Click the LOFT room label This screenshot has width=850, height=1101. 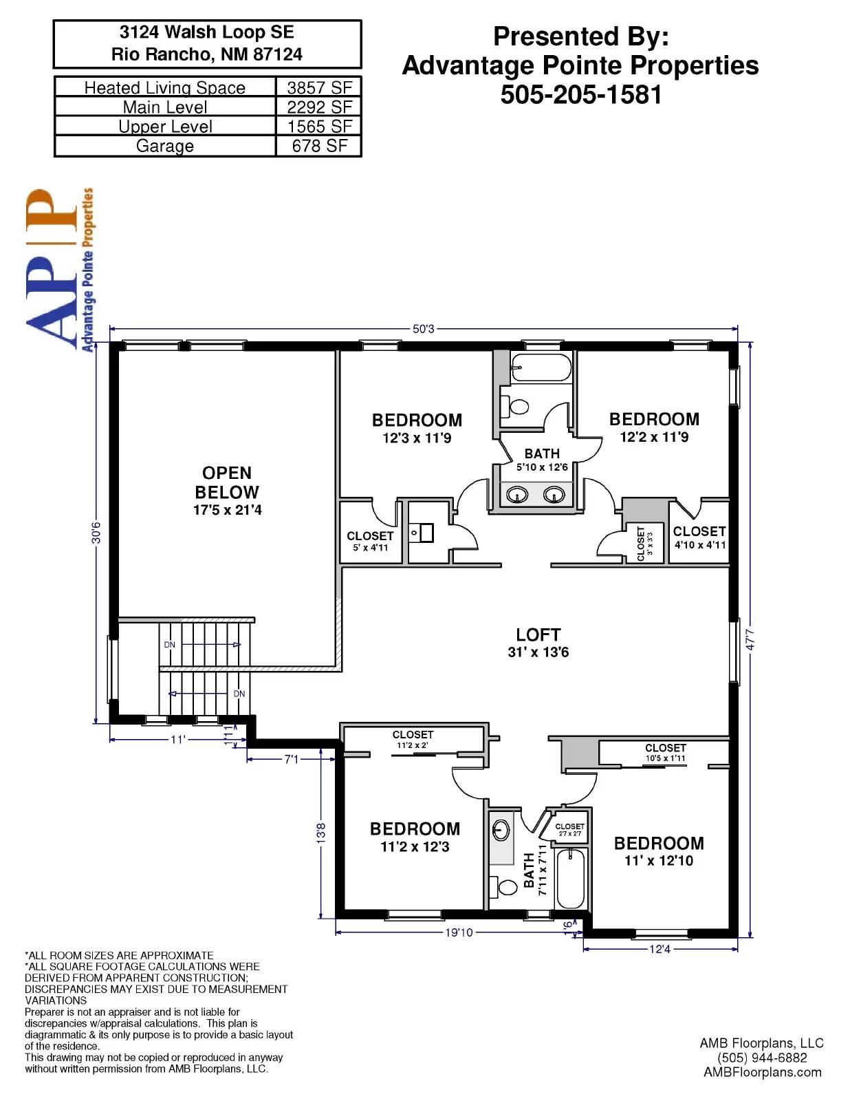[538, 634]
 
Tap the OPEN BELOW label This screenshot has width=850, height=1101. [227, 482]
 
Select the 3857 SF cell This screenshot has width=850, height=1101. [319, 87]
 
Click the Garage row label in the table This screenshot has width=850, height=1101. [165, 146]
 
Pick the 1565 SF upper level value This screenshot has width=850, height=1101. [319, 127]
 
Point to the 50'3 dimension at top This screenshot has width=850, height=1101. [424, 329]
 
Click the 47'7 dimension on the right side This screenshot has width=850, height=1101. [750, 640]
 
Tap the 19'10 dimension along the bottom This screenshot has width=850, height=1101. [459, 932]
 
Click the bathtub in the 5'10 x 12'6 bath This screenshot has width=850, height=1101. [541, 368]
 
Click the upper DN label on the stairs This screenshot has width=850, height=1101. [169, 645]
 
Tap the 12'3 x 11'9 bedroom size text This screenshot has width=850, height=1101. [417, 438]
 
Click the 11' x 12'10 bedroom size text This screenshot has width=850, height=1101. [659, 861]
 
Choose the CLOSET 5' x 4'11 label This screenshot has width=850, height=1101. [370, 541]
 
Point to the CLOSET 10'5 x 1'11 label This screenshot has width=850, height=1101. [665, 752]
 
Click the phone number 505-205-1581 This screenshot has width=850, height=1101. [580, 94]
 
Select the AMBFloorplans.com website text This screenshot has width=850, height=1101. [762, 1072]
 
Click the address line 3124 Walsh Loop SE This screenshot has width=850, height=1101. [206, 32]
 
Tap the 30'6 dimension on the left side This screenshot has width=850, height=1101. [96, 532]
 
